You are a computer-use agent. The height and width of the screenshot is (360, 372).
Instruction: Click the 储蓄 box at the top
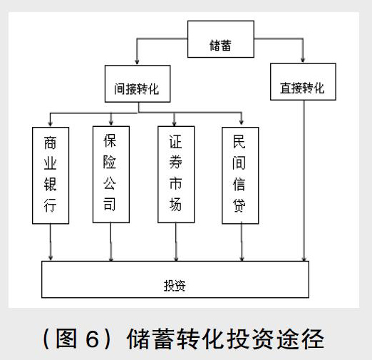click(221, 39)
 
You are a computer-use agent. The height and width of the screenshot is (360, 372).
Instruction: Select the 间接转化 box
click(138, 83)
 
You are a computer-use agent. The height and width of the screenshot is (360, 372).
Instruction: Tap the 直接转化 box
click(303, 82)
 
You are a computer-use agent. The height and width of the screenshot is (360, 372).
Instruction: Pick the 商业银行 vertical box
click(51, 175)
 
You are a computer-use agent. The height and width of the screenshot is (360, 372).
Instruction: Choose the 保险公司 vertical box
click(111, 175)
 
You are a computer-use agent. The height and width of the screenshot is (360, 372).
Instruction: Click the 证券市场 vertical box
click(176, 175)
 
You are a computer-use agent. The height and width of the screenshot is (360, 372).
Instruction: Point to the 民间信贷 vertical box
click(240, 175)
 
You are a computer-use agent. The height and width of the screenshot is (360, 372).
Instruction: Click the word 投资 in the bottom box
click(175, 285)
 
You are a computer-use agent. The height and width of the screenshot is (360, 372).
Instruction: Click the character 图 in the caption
click(66, 339)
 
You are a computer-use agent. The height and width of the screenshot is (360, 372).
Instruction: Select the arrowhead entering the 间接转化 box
click(137, 61)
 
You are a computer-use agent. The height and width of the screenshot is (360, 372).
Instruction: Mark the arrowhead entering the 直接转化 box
click(302, 59)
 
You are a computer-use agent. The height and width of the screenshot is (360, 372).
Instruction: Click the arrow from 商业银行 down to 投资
click(51, 242)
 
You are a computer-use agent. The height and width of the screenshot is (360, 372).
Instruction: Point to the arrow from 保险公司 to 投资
click(110, 242)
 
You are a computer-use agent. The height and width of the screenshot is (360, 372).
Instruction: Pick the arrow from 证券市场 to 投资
click(176, 242)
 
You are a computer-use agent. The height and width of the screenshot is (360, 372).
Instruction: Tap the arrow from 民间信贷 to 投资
click(242, 242)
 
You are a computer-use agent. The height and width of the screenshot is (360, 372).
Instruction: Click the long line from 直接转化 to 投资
click(304, 180)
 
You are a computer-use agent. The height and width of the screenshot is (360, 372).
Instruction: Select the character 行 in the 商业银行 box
click(50, 205)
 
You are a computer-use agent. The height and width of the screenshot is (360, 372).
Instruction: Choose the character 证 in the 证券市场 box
click(175, 142)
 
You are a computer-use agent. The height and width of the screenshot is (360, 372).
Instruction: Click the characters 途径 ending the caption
click(301, 339)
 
